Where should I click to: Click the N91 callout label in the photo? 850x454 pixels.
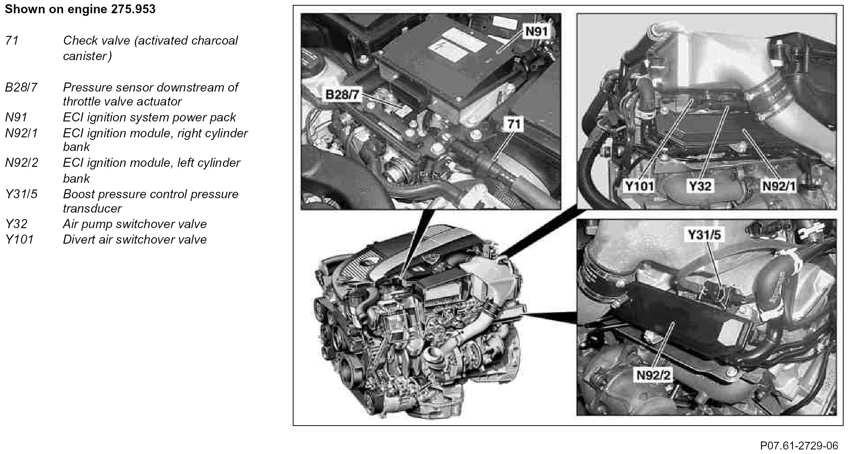(536, 32)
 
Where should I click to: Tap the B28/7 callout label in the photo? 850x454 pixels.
(342, 94)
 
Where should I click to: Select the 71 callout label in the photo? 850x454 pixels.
(514, 124)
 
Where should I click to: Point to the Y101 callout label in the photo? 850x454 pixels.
(639, 186)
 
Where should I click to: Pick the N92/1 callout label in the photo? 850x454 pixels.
(779, 186)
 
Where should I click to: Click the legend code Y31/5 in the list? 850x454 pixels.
(22, 194)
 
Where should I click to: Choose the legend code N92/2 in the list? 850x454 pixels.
(22, 163)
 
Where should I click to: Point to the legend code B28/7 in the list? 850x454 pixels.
(21, 87)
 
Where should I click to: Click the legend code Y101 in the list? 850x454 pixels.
(19, 239)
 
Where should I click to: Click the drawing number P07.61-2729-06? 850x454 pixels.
(799, 445)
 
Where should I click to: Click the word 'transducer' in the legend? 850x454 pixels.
(92, 208)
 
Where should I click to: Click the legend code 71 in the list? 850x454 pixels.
(12, 40)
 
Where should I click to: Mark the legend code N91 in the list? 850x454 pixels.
(16, 117)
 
